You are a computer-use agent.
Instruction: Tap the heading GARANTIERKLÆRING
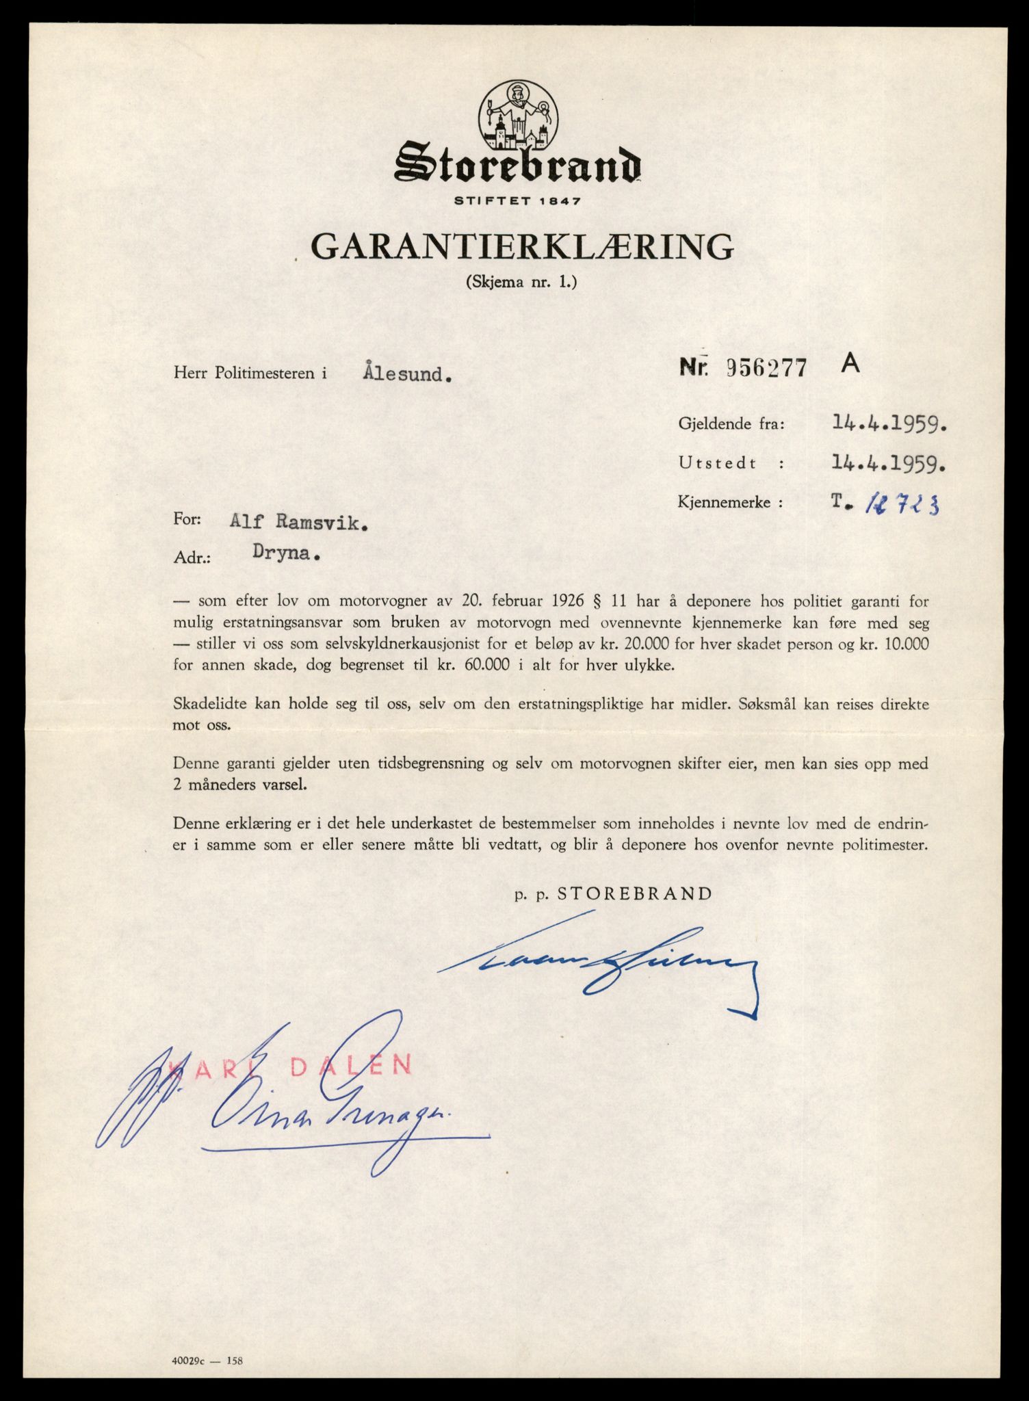coord(522,247)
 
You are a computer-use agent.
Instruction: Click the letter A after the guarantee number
coord(850,365)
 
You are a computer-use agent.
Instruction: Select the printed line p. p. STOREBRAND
coord(614,893)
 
